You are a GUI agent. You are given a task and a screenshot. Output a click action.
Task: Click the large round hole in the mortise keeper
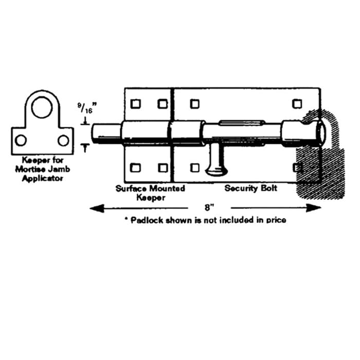click(x=42, y=107)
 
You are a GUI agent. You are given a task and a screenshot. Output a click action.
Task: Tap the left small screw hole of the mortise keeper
click(x=21, y=140)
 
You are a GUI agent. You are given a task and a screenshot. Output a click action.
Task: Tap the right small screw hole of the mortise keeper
click(x=63, y=140)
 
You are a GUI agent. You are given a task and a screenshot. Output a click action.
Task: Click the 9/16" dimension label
click(x=87, y=108)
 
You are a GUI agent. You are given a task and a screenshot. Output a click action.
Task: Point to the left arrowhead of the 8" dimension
click(x=97, y=208)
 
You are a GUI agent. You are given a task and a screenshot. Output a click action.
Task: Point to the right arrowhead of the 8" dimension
click(x=314, y=208)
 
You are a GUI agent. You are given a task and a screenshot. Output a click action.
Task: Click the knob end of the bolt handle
click(x=216, y=171)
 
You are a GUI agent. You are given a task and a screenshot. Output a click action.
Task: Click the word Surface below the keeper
click(x=131, y=189)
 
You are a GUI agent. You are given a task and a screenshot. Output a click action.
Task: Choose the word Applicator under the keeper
click(x=43, y=178)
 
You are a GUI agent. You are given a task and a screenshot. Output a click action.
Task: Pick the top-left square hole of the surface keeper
click(x=135, y=104)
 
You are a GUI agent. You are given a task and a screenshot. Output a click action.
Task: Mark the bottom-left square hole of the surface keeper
click(x=135, y=168)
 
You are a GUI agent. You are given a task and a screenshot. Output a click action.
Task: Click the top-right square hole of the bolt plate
click(x=297, y=104)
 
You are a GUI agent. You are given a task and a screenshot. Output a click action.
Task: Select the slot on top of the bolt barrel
click(x=242, y=123)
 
